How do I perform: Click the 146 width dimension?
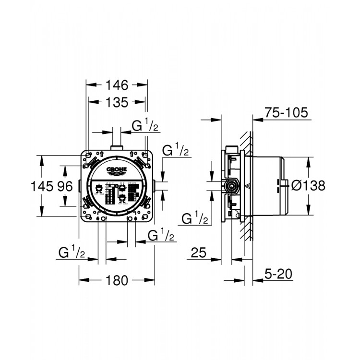(x=117, y=85)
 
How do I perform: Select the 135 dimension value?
(x=117, y=102)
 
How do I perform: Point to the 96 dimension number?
(x=65, y=185)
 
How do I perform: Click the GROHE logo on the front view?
(x=117, y=169)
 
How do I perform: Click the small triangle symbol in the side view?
(x=249, y=187)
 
